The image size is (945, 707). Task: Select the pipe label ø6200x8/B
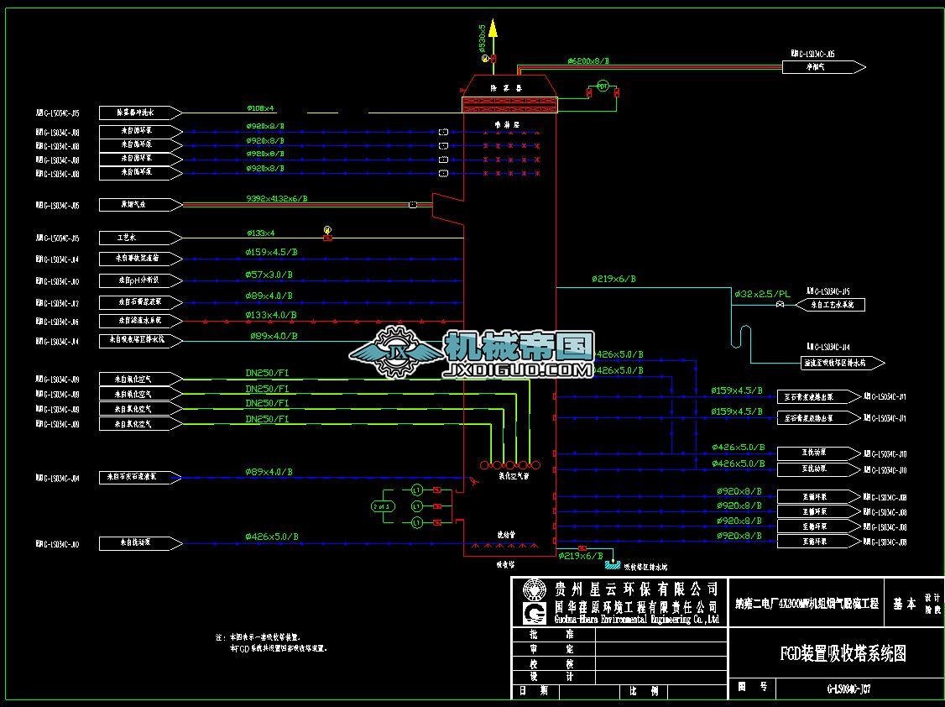[x=587, y=61]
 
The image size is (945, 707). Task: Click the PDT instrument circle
[x=602, y=86]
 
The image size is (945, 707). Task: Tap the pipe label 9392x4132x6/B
[x=276, y=199]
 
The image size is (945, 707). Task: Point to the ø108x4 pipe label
[x=260, y=108]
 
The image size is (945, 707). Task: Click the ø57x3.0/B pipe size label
[x=269, y=275]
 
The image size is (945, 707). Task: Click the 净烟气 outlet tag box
[x=823, y=66]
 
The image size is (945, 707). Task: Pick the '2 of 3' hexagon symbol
[x=382, y=505]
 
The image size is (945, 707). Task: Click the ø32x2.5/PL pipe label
[x=762, y=295]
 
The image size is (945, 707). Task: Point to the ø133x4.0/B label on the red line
[x=269, y=316]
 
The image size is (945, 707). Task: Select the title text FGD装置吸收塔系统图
[x=842, y=653]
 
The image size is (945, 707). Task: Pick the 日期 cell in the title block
[x=534, y=691]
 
